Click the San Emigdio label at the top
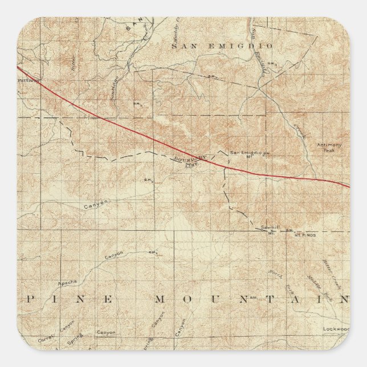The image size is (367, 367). point(222,45)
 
